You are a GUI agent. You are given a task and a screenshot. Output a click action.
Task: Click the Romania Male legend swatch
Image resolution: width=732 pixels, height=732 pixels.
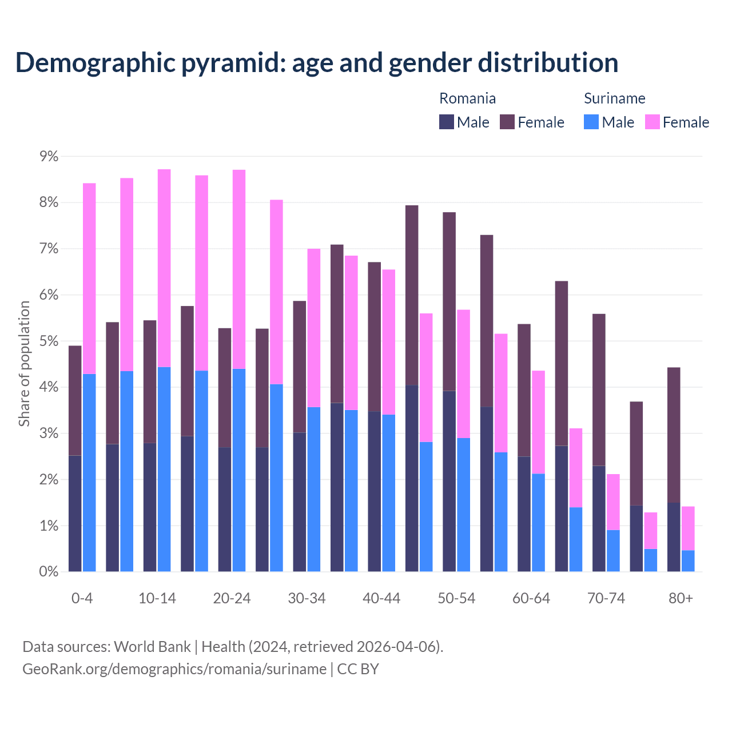tap(447, 122)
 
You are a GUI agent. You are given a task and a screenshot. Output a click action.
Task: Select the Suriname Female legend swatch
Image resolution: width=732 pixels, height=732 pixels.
tap(652, 122)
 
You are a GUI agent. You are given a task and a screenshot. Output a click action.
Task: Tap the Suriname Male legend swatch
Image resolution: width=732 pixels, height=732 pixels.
tap(591, 122)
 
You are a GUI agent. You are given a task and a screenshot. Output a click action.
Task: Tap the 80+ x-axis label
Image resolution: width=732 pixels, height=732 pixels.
tap(681, 598)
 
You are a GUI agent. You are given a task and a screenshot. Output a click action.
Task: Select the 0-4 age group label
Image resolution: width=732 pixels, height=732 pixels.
tap(82, 598)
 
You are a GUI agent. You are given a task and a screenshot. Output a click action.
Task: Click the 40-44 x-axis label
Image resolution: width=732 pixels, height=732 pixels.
tap(381, 598)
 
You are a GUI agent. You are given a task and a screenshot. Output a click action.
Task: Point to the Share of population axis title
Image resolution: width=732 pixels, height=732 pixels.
tap(25, 364)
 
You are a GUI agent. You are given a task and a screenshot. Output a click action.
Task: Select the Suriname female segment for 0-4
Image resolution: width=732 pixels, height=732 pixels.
tap(89, 279)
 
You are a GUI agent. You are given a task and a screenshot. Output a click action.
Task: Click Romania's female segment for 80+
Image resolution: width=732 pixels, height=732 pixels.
tap(674, 435)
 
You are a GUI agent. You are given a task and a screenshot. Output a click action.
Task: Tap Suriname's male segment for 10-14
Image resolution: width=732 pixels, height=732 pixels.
tap(164, 469)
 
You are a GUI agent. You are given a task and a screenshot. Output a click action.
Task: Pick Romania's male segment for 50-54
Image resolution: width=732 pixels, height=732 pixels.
tap(449, 481)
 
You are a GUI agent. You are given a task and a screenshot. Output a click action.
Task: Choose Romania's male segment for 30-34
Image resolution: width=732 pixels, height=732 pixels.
tap(300, 502)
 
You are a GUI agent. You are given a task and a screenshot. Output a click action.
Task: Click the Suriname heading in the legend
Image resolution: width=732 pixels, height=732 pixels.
tap(614, 98)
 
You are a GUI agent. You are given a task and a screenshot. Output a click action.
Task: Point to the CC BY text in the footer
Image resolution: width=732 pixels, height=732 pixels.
tap(358, 669)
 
